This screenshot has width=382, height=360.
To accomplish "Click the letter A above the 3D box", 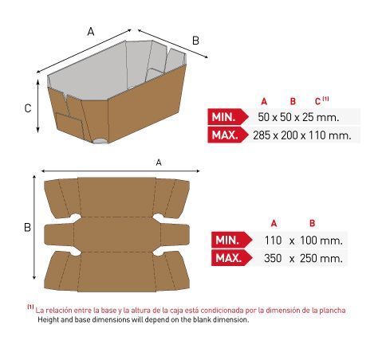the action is (x=91, y=32).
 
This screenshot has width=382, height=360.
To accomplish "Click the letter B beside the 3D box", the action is (x=195, y=41).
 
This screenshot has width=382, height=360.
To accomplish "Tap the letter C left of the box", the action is (x=28, y=108).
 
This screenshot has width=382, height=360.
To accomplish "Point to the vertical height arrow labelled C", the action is (x=38, y=106).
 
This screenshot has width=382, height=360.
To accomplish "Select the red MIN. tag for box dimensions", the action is (x=227, y=117).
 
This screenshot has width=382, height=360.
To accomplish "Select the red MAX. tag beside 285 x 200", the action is (x=227, y=135).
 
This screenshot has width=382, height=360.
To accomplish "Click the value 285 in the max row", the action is (x=262, y=135).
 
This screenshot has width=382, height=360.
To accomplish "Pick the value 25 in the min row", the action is (x=308, y=117).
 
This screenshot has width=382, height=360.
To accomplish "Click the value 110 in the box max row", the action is (x=317, y=135).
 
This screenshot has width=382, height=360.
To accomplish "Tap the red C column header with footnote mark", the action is (x=321, y=101).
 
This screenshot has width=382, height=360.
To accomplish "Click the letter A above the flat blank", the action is (x=159, y=162).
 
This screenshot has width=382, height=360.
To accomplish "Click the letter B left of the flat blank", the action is (x=27, y=227).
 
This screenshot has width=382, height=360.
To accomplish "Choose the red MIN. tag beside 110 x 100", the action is (x=231, y=241).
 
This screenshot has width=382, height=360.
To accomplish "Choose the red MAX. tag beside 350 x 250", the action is (x=231, y=258).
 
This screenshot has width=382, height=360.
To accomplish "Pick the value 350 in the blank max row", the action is (x=273, y=258).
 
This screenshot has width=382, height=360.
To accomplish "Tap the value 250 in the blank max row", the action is (x=309, y=258).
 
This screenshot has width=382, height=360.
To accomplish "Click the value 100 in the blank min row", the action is (x=309, y=241).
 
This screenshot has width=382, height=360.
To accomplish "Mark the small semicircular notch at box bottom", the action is (x=101, y=141).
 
